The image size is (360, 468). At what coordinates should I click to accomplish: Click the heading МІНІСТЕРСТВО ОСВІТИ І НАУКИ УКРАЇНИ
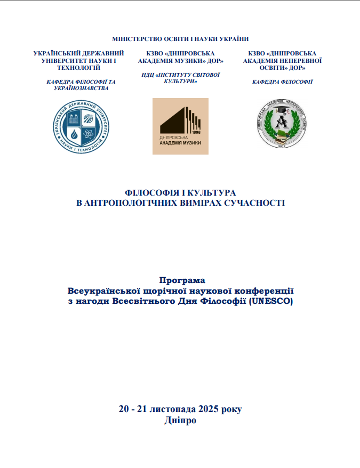pyautogui.click(x=180, y=39)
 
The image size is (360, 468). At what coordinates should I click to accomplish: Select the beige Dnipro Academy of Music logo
pyautogui.click(x=180, y=126)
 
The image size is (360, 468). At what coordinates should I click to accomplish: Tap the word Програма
pyautogui.click(x=182, y=280)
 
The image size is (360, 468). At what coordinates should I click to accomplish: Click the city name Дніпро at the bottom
pyautogui.click(x=181, y=420)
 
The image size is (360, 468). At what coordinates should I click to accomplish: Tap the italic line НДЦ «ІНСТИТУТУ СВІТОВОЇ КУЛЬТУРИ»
pyautogui.click(x=181, y=78)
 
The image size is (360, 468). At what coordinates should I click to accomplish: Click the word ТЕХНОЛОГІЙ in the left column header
pyautogui.click(x=78, y=68)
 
